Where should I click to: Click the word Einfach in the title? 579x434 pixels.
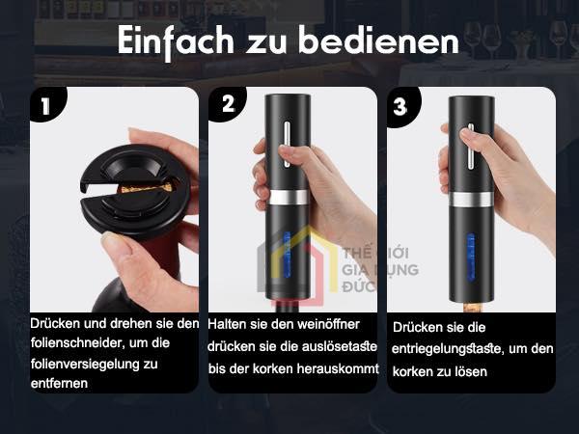coord(176,41)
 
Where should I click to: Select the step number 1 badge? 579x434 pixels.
coord(46,105)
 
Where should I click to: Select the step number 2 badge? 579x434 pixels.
coord(228,104)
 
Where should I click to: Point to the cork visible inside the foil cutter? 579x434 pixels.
coord(147,188)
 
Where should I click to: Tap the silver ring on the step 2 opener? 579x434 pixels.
coord(288,198)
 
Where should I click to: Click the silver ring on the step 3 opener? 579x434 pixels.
coord(471,200)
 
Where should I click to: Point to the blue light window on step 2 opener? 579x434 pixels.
coord(287,255)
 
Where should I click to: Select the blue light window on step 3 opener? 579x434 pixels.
coord(471,257)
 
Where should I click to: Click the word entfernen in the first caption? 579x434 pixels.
coord(59,384)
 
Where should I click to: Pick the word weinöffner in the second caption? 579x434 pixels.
coord(328,324)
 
